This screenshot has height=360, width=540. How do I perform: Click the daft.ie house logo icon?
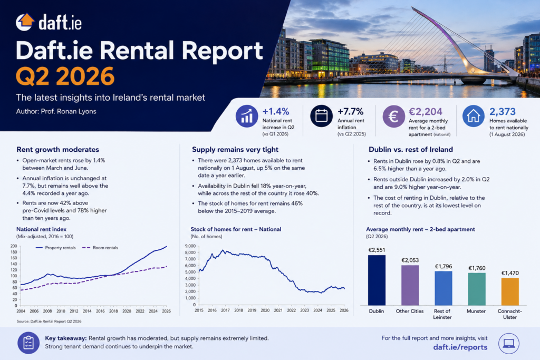tap(25, 22)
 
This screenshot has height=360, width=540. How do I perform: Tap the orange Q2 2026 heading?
tap(65, 76)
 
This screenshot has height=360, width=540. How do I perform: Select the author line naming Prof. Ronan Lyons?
tap(56, 111)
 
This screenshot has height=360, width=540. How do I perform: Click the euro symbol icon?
tap(393, 116)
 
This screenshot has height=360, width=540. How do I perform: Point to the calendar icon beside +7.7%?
tap(321, 116)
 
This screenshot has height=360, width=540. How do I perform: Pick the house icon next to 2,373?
tap(474, 116)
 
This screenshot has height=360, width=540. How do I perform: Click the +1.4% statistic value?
tap(276, 112)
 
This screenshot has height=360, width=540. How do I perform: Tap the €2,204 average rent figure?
tap(426, 112)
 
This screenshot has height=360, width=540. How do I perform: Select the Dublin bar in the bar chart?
tap(377, 280)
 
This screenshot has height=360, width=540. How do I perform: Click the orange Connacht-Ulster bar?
tap(510, 291)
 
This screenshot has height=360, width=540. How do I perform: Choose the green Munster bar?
tap(477, 289)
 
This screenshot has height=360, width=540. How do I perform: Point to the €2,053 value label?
tap(410, 260)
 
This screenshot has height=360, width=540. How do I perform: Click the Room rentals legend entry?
tap(100, 247)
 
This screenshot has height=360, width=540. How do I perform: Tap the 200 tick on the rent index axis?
tap(13, 246)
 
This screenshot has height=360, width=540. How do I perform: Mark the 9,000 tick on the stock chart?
tap(190, 246)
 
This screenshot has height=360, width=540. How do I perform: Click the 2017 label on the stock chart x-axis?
tap(225, 310)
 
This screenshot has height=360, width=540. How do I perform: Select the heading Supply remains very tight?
tap(235, 149)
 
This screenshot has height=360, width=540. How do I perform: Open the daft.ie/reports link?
tap(460, 347)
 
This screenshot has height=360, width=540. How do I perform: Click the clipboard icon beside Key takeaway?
tap(28, 343)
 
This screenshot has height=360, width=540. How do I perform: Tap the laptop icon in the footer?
tap(509, 344)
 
